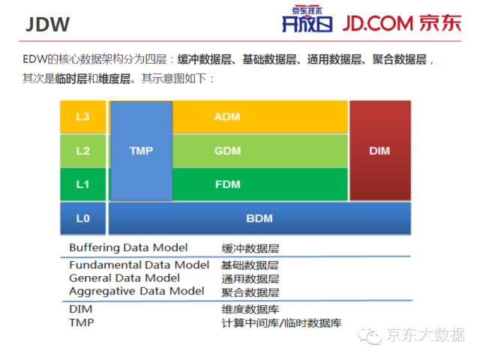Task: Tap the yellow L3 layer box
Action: pos(83,117)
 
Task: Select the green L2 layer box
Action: pos(83,151)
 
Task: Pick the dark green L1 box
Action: pos(83,184)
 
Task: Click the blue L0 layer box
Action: pos(83,219)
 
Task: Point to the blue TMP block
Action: pos(141,151)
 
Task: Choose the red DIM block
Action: pos(379,151)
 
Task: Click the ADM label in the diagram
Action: pos(226,117)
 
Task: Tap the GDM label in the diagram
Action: pos(226,151)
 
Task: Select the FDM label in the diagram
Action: pos(226,184)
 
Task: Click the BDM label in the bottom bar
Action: pos(259,219)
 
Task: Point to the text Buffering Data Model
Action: pos(128,247)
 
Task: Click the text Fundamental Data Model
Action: pos(139,265)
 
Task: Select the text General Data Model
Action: pos(124,277)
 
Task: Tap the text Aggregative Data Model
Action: pos(136,291)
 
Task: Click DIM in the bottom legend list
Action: pos(79,309)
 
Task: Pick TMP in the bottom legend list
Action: pos(80,322)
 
